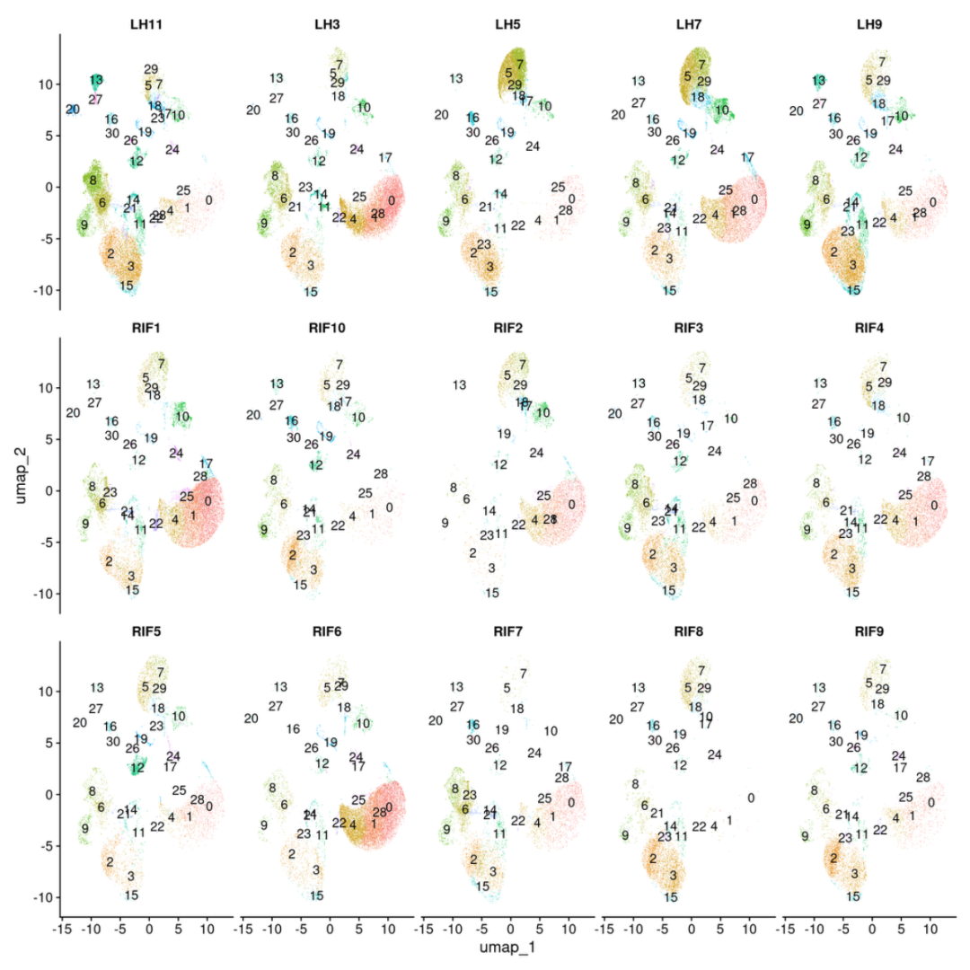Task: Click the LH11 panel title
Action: point(142,23)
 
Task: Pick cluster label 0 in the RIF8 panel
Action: point(751,798)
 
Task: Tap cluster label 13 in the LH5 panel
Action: point(456,79)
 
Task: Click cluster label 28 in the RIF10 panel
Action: point(381,474)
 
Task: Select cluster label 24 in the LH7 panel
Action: point(717,149)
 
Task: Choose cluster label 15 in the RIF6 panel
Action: point(316,895)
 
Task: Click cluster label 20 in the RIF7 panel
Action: point(436,720)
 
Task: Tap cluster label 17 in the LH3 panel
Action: point(385,158)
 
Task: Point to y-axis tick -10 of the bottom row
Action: point(44,897)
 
